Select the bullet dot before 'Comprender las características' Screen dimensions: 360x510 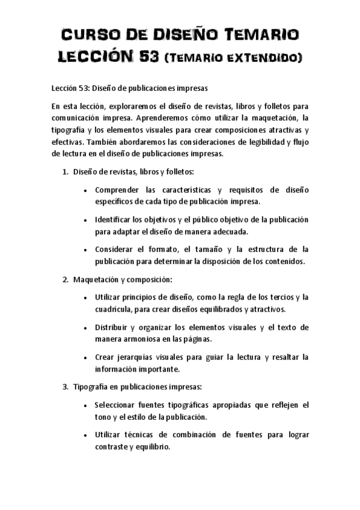88,191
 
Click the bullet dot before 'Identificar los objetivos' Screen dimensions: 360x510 88,220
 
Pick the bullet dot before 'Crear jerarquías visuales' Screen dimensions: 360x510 88,357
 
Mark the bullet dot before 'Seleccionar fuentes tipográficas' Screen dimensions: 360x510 88,405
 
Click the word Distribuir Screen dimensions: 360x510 113,327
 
